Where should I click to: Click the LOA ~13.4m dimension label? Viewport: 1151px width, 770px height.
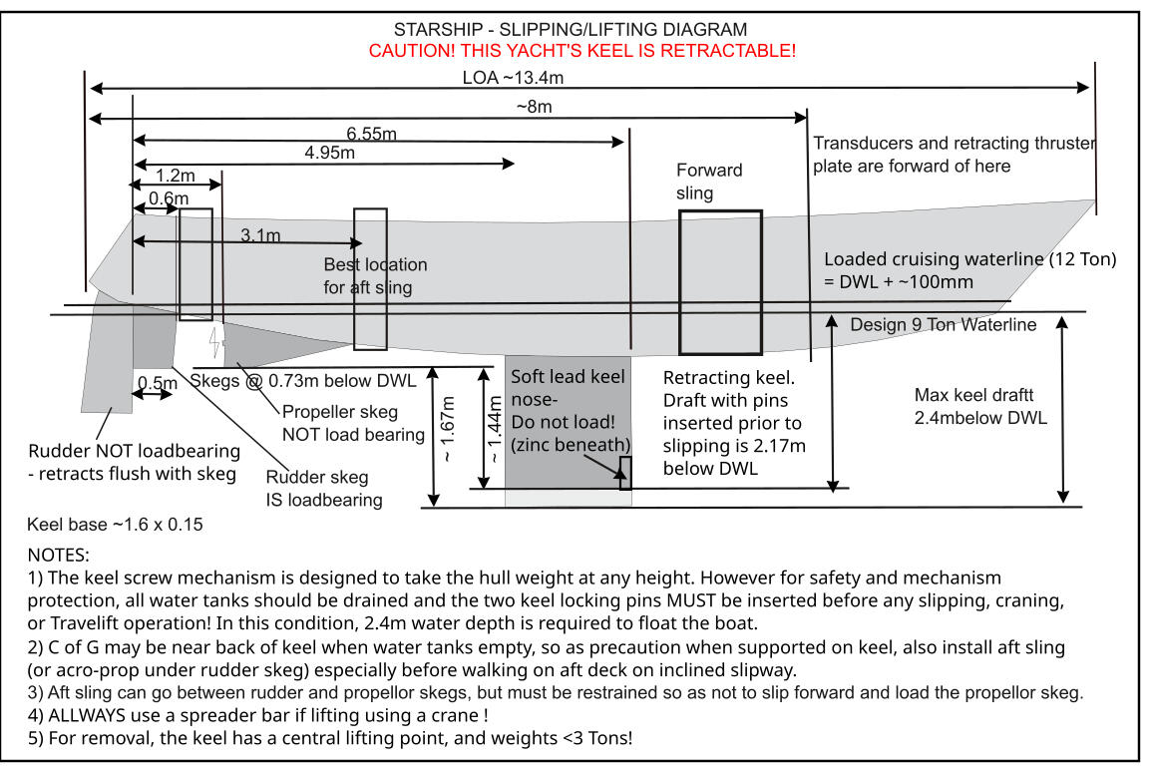515,77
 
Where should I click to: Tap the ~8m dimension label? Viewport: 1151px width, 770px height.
534,107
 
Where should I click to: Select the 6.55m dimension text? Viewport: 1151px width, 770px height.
371,133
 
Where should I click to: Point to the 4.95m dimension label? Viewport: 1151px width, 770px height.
329,153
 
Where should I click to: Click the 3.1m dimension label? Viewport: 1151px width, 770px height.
260,234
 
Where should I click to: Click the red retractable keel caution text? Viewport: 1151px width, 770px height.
582,50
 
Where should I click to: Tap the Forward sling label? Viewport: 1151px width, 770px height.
709,181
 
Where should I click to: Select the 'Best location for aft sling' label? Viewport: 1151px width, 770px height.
375,276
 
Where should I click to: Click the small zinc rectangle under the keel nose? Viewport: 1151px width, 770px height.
625,473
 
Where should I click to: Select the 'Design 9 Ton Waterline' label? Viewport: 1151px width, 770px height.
943,325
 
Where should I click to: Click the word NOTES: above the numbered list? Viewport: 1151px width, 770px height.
59,555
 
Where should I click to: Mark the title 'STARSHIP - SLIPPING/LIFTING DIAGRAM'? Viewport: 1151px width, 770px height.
571,30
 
